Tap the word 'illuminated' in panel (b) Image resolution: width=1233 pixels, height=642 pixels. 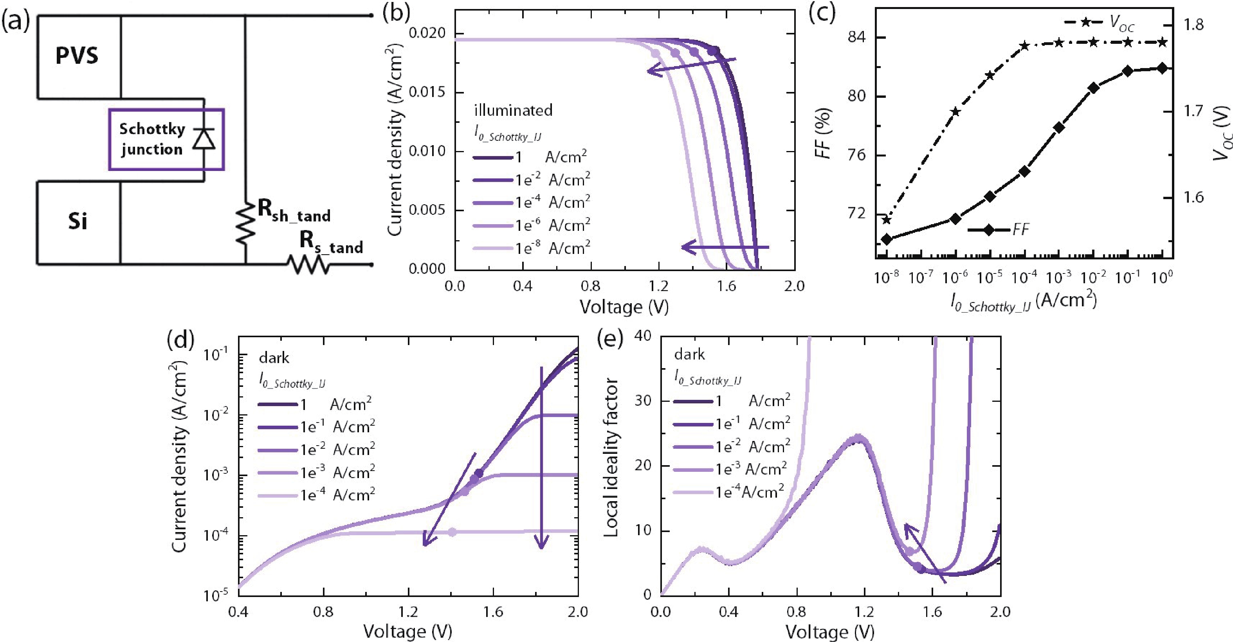(513, 110)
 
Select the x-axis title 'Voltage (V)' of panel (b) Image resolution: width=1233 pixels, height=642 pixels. (624, 307)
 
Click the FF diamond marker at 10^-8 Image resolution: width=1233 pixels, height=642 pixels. (887, 239)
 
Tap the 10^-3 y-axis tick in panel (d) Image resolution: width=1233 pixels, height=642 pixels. (215, 475)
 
